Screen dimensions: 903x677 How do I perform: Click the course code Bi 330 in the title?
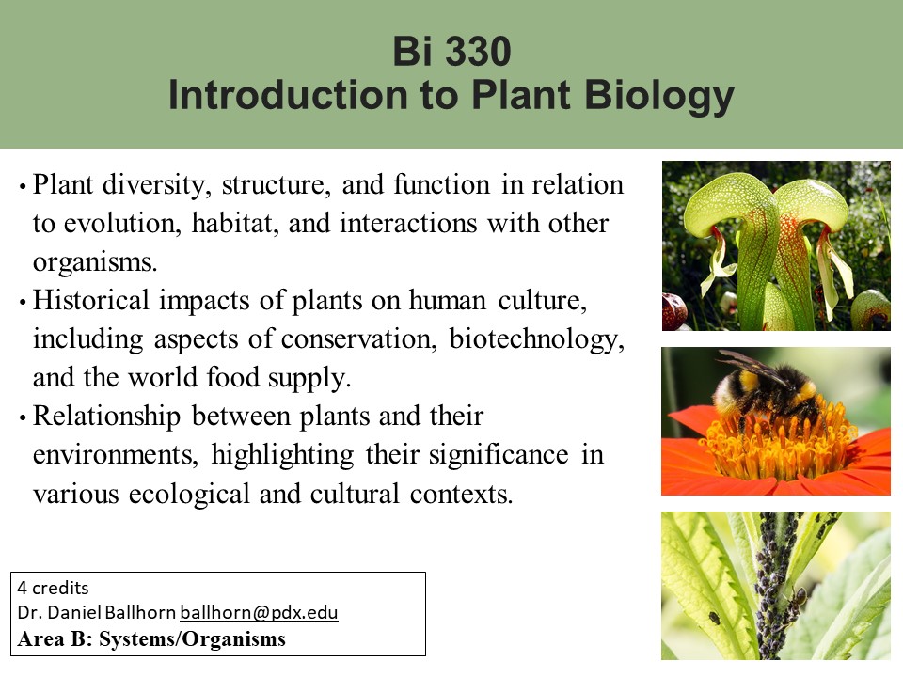[x=451, y=51]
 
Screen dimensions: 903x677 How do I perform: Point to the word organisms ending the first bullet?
[x=94, y=263]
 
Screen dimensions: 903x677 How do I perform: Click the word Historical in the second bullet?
[x=91, y=300]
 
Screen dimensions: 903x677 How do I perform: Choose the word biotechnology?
[x=536, y=339]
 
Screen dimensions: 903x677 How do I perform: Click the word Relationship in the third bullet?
[x=106, y=417]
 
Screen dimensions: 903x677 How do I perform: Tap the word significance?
[x=499, y=455]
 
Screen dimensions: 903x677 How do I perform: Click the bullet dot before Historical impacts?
[x=23, y=302]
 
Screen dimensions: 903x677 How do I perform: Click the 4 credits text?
[x=53, y=588]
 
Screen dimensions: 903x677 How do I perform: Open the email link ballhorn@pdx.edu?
[x=259, y=612]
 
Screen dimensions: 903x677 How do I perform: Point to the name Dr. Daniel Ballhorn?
[x=97, y=612]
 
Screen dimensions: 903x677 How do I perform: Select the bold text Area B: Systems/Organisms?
[x=151, y=639]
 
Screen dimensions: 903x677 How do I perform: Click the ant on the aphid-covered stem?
[x=797, y=600]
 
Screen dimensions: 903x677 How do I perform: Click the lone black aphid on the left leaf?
[x=714, y=619]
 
